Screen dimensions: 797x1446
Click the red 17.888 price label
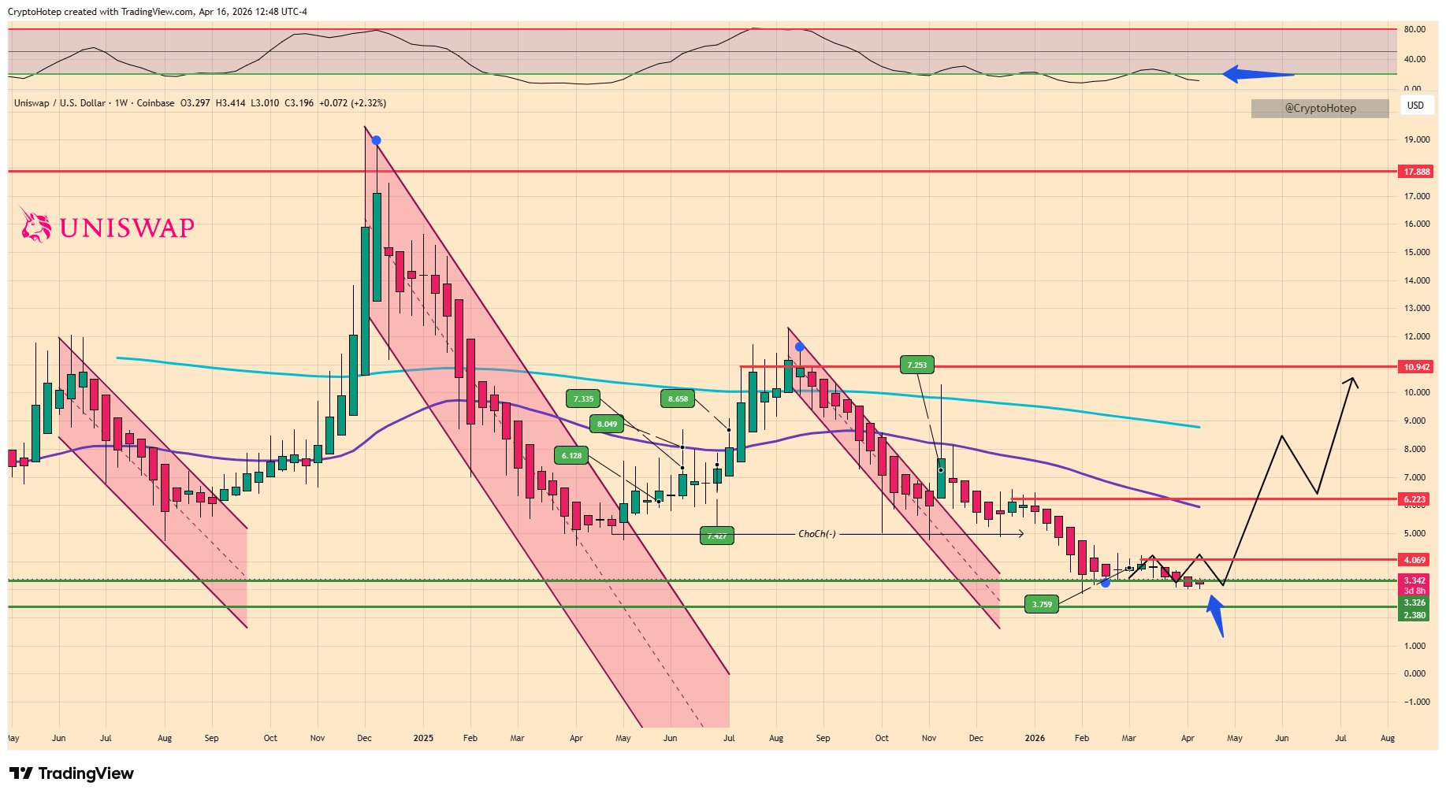[1416, 172]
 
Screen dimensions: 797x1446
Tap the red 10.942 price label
[1416, 367]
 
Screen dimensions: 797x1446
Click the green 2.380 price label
[1414, 616]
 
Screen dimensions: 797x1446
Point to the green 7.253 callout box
[916, 365]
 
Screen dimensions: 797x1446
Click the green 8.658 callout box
[678, 399]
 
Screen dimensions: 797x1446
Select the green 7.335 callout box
[583, 399]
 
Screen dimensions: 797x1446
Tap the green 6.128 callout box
[571, 456]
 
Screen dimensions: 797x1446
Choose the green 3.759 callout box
[1042, 605]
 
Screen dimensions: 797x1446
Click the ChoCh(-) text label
[816, 534]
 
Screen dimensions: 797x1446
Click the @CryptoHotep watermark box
[1320, 109]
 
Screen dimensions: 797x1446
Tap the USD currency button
[1415, 106]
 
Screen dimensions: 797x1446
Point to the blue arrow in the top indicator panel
[1257, 75]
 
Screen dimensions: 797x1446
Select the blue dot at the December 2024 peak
[376, 141]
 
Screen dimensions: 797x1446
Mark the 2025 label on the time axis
[423, 739]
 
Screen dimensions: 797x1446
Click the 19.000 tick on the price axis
[1416, 139]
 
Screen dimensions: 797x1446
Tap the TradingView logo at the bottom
[72, 773]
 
